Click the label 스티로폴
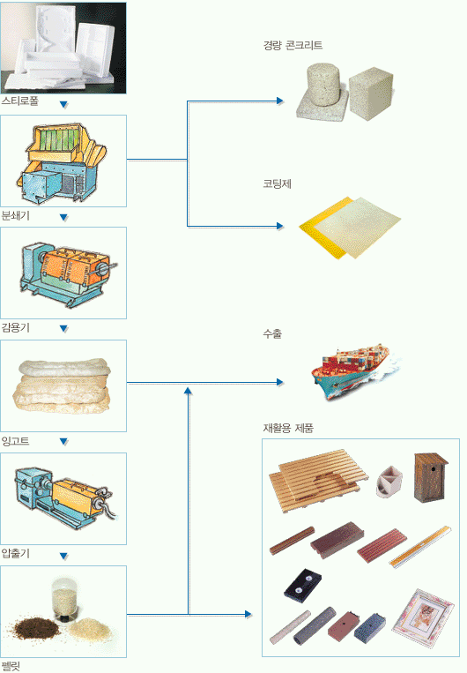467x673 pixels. tap(20, 101)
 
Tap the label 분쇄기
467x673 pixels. tap(16, 215)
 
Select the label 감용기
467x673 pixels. tap(16, 328)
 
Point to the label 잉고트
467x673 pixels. tap(16, 441)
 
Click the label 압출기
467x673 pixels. tap(16, 553)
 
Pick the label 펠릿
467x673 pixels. tap(11, 667)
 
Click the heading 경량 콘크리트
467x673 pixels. tap(293, 46)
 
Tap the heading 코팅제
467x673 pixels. tap(277, 183)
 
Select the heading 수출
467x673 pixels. tap(272, 334)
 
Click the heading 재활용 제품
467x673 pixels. tap(288, 428)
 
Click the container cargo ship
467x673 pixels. tap(355, 370)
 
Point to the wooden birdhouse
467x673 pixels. tap(431, 477)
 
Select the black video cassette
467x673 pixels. tap(303, 583)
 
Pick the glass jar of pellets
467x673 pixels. tap(64, 600)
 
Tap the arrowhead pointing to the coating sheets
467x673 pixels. tap(280, 226)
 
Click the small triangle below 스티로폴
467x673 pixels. tap(64, 105)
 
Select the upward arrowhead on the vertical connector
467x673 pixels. tap(188, 390)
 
